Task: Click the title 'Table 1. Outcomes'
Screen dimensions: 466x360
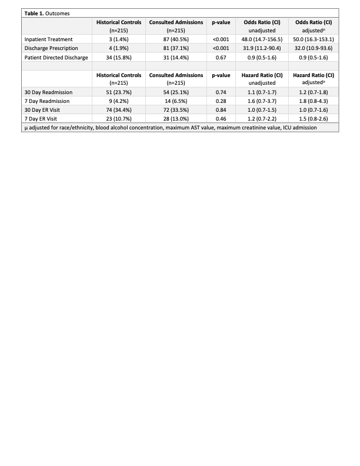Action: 43,12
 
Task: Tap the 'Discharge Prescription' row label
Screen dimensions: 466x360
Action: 52,48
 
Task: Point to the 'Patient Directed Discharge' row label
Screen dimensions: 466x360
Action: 56,57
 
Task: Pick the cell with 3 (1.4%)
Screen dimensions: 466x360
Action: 118,39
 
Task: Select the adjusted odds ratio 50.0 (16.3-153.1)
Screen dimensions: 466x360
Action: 314,39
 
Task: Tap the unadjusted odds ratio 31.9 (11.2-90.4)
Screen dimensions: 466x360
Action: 263,48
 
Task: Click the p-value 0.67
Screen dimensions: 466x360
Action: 221,57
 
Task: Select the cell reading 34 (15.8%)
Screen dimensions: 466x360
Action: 118,57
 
